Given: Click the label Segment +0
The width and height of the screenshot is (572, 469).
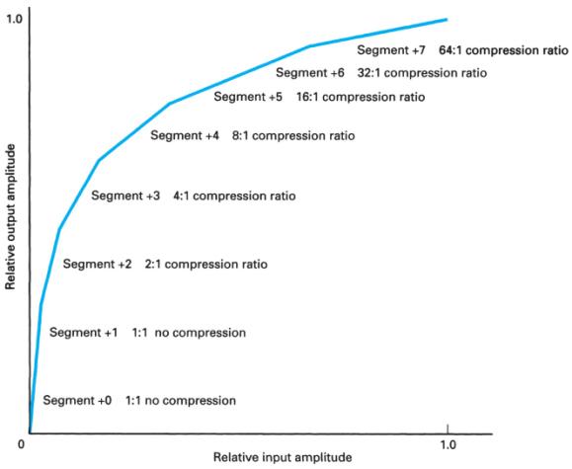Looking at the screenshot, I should point(77,401).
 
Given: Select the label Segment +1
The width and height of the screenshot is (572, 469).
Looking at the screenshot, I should point(83,333).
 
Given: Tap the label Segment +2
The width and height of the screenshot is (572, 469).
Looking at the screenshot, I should point(97,265).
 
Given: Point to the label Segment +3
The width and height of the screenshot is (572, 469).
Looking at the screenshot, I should point(125,196).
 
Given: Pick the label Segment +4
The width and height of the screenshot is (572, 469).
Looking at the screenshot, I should point(185,135).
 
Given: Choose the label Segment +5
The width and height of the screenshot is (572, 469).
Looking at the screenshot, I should point(248,97).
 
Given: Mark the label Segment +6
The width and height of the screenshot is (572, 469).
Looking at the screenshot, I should point(310,73).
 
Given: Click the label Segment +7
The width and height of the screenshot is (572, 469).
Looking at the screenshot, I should point(392,48).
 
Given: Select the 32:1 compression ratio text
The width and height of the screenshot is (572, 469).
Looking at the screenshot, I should point(422,73).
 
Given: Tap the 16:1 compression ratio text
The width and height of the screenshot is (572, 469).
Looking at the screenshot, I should point(361,97).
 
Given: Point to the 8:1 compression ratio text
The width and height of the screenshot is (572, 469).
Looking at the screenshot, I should point(292,135).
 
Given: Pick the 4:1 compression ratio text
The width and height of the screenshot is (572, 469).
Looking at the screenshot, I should point(234,196).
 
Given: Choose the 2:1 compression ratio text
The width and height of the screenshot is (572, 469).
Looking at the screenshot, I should point(205,265).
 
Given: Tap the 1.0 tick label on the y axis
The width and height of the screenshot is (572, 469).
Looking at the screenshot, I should point(14,19).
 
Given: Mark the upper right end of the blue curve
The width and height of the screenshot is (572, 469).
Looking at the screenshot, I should point(447,20).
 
